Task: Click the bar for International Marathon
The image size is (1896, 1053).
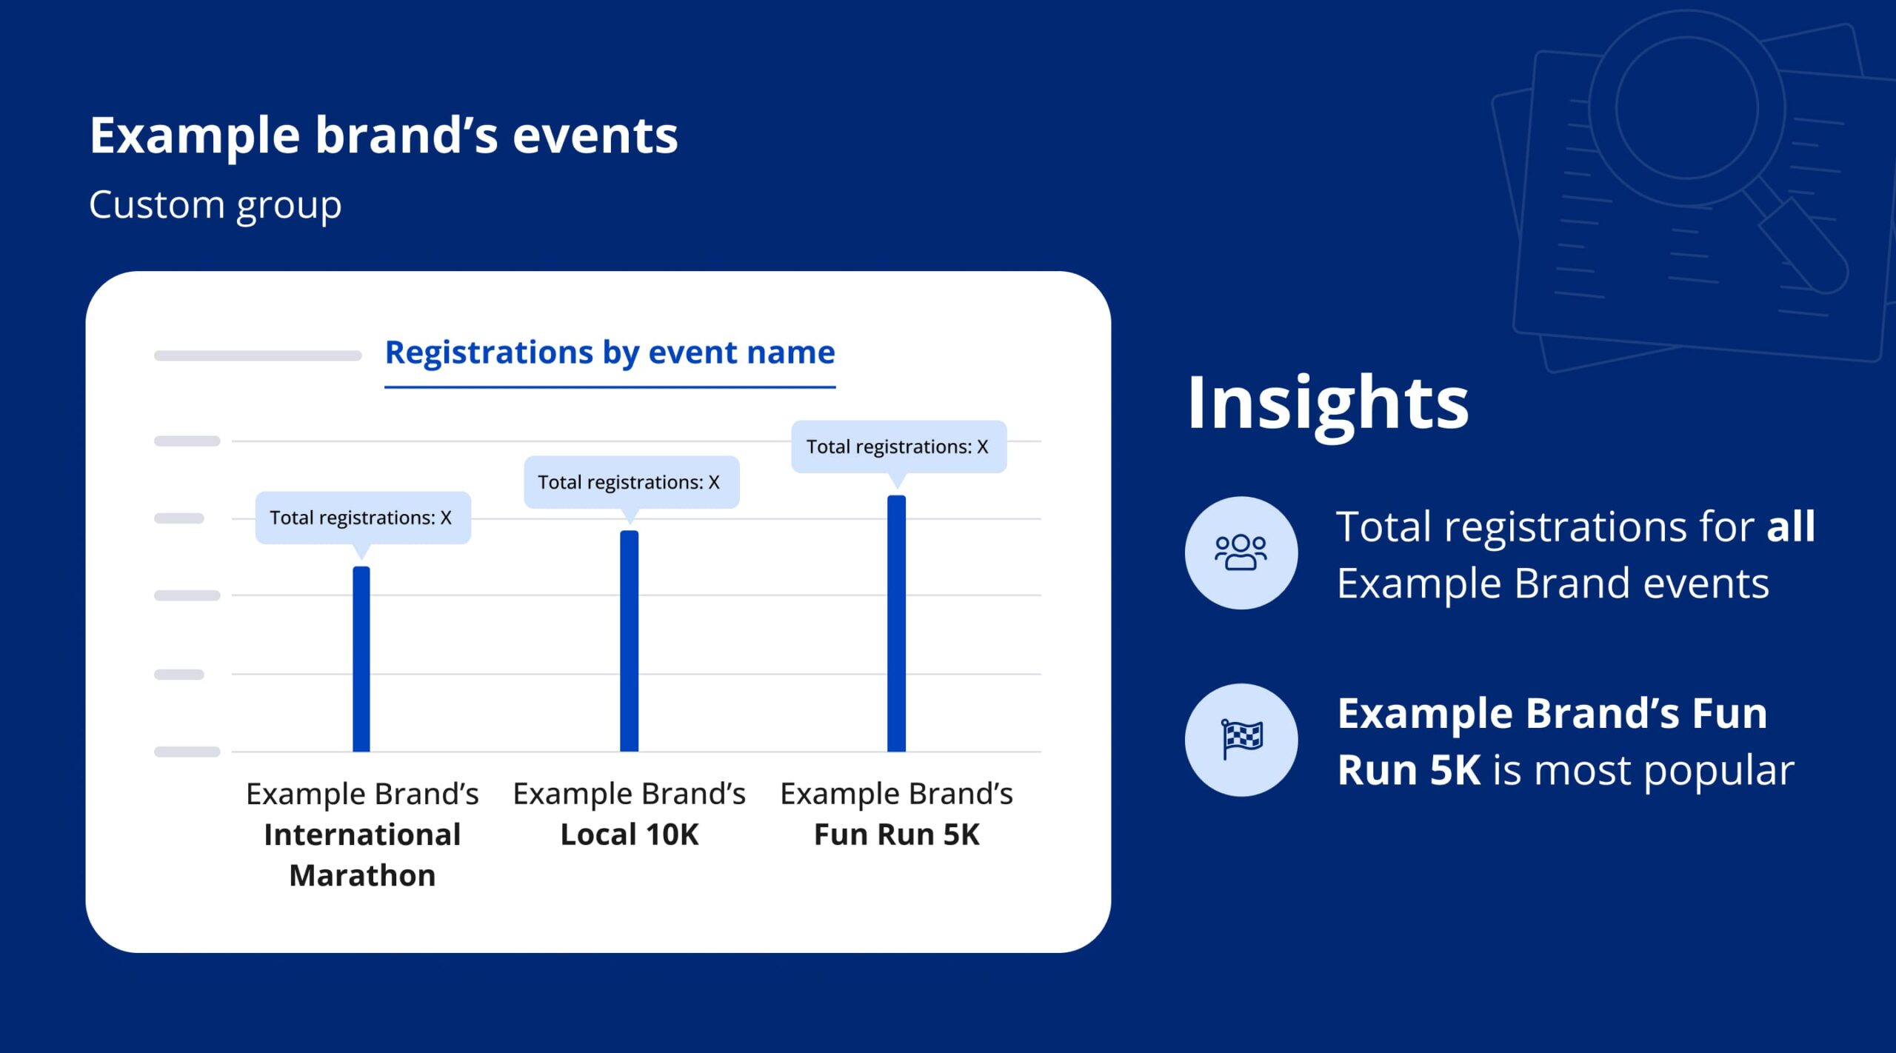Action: tap(361, 658)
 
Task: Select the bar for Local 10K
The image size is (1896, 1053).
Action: tap(629, 641)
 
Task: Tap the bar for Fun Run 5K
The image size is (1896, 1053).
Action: tap(896, 623)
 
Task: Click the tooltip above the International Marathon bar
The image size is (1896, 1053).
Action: tap(362, 518)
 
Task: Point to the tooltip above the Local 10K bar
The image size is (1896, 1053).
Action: tap(630, 482)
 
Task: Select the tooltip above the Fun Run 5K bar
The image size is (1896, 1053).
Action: tap(898, 447)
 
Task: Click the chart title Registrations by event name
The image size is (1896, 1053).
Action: tap(610, 352)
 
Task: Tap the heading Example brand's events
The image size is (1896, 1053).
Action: tap(383, 136)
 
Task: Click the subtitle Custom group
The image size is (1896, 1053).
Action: tap(215, 204)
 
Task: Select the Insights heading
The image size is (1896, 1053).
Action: tap(1327, 404)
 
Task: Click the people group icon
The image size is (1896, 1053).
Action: tap(1241, 552)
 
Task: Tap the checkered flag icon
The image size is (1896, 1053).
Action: tap(1241, 739)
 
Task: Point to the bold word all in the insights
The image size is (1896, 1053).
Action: tap(1790, 526)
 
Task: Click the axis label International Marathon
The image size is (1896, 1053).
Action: tap(362, 835)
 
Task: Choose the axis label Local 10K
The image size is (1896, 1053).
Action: tap(630, 835)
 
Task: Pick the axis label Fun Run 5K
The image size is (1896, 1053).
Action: tap(896, 835)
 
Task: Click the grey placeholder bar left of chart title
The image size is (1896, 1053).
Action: tap(257, 355)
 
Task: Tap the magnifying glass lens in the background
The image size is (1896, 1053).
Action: tap(1686, 107)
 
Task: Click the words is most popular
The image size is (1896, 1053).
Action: tap(1643, 770)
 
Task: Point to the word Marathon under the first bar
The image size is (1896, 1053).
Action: tap(362, 875)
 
